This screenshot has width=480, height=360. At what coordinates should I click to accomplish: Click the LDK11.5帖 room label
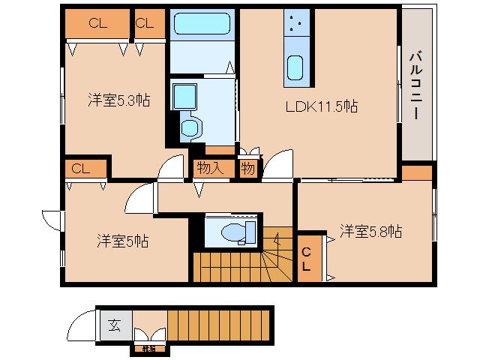click(x=319, y=106)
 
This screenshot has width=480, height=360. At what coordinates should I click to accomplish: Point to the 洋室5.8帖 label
click(x=370, y=231)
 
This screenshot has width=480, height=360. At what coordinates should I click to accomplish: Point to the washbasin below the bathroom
click(x=182, y=95)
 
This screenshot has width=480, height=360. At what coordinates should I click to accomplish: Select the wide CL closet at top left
click(x=97, y=24)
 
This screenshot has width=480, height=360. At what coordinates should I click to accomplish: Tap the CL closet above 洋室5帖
click(x=82, y=168)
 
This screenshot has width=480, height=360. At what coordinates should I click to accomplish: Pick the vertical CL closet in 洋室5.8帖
click(x=307, y=259)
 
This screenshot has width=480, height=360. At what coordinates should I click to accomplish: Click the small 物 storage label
click(x=247, y=169)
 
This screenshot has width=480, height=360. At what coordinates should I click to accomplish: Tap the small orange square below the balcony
click(x=416, y=172)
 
